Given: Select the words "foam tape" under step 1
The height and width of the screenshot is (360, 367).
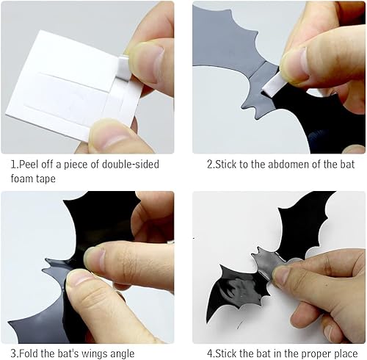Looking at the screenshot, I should [35, 179].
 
